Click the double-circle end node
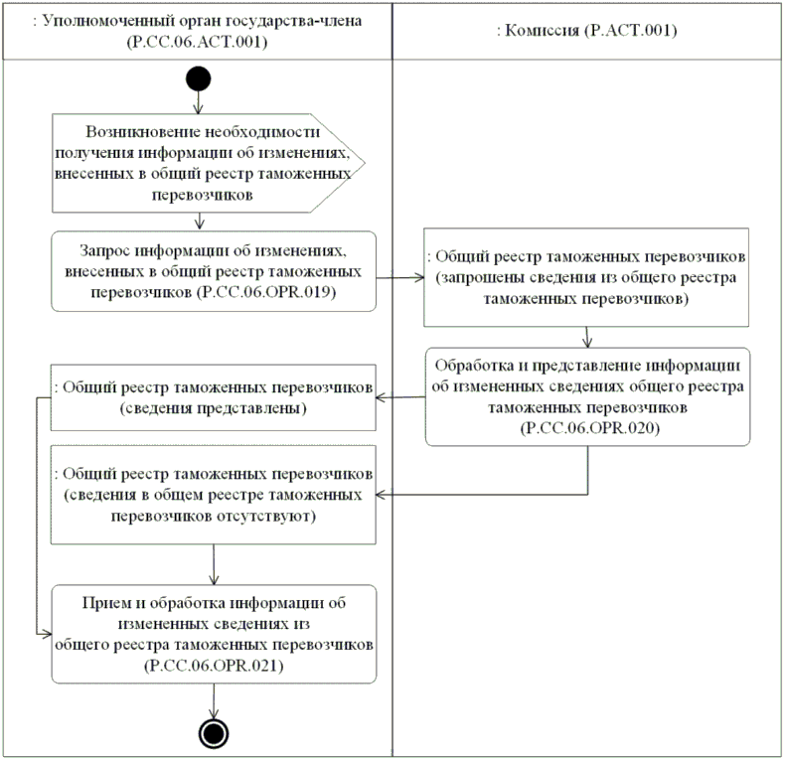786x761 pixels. click(212, 732)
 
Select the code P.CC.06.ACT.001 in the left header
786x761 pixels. click(197, 45)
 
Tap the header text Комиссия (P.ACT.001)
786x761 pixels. click(586, 31)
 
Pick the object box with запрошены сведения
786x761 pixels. click(586, 277)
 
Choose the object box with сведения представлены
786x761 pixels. click(213, 397)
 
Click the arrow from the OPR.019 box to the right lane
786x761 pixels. click(400, 277)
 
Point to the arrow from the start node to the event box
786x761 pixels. click(198, 102)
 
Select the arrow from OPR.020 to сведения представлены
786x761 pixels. click(400, 398)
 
